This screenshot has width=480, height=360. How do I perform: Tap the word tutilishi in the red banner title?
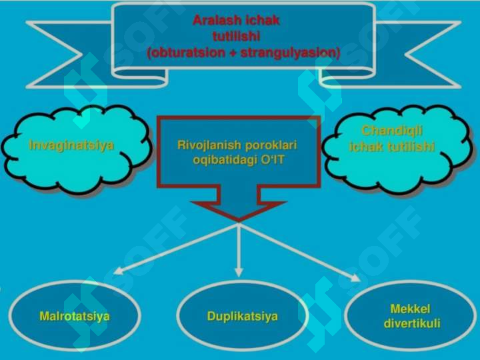point(236,37)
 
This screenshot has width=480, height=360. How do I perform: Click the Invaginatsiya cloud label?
point(71,145)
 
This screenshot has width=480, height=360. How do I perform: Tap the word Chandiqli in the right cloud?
point(392,131)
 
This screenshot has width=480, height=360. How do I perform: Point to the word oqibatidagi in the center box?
point(225,160)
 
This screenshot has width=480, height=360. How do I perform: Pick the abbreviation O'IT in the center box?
point(273,159)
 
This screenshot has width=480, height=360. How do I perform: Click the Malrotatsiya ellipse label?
point(75,316)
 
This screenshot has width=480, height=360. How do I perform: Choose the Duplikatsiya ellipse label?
point(243,316)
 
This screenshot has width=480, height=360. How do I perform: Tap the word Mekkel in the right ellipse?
point(410,309)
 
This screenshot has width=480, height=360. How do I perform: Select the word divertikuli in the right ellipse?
point(412,323)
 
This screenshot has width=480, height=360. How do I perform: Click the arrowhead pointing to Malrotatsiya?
point(118,271)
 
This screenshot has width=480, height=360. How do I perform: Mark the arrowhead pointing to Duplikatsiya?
point(239,272)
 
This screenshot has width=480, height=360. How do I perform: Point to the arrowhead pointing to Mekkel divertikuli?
point(355,277)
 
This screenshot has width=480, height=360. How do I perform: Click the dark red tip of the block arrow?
point(239,221)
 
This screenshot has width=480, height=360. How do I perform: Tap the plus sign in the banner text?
point(233,53)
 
